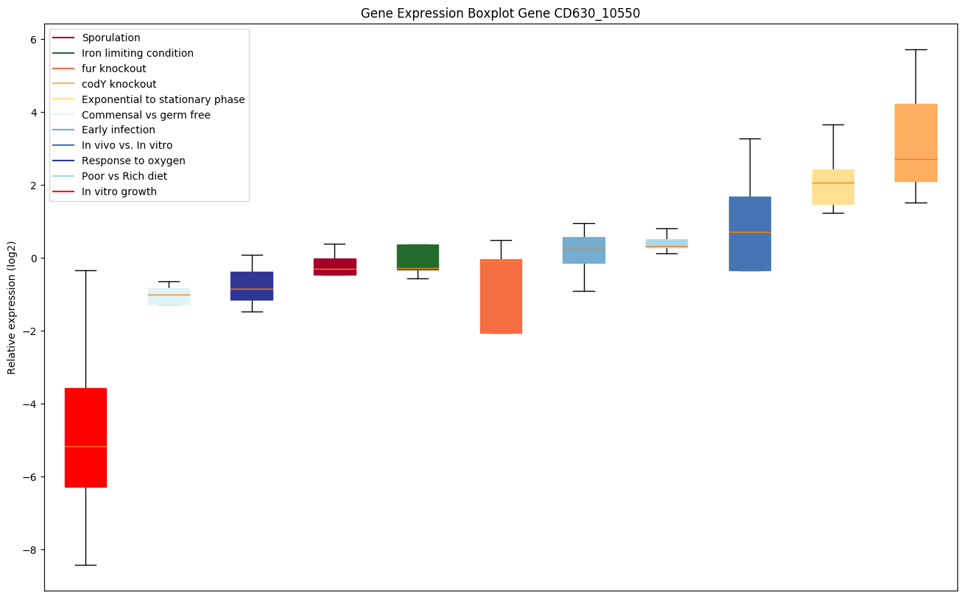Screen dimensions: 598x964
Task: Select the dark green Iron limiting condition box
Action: click(418, 257)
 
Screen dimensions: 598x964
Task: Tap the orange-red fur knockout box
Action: click(501, 296)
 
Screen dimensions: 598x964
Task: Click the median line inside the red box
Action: click(85, 446)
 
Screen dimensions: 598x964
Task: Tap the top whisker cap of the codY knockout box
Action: click(916, 49)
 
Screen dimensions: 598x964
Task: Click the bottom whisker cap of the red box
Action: click(85, 565)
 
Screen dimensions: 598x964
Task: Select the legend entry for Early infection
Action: click(119, 130)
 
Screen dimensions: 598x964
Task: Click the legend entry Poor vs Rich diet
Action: click(124, 177)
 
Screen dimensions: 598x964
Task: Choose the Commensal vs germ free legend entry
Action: click(146, 115)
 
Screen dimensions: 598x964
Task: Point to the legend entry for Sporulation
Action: click(111, 38)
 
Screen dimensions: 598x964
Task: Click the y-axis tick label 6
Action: click(32, 40)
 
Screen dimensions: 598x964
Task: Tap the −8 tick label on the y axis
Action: click(29, 550)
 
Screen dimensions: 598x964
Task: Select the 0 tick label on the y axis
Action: click(32, 258)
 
